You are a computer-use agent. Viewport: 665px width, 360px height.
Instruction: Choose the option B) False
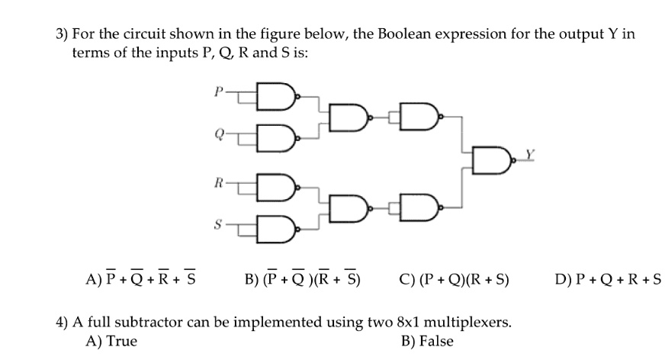click(x=427, y=341)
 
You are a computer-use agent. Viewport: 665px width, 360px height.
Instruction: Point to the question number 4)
click(x=63, y=323)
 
